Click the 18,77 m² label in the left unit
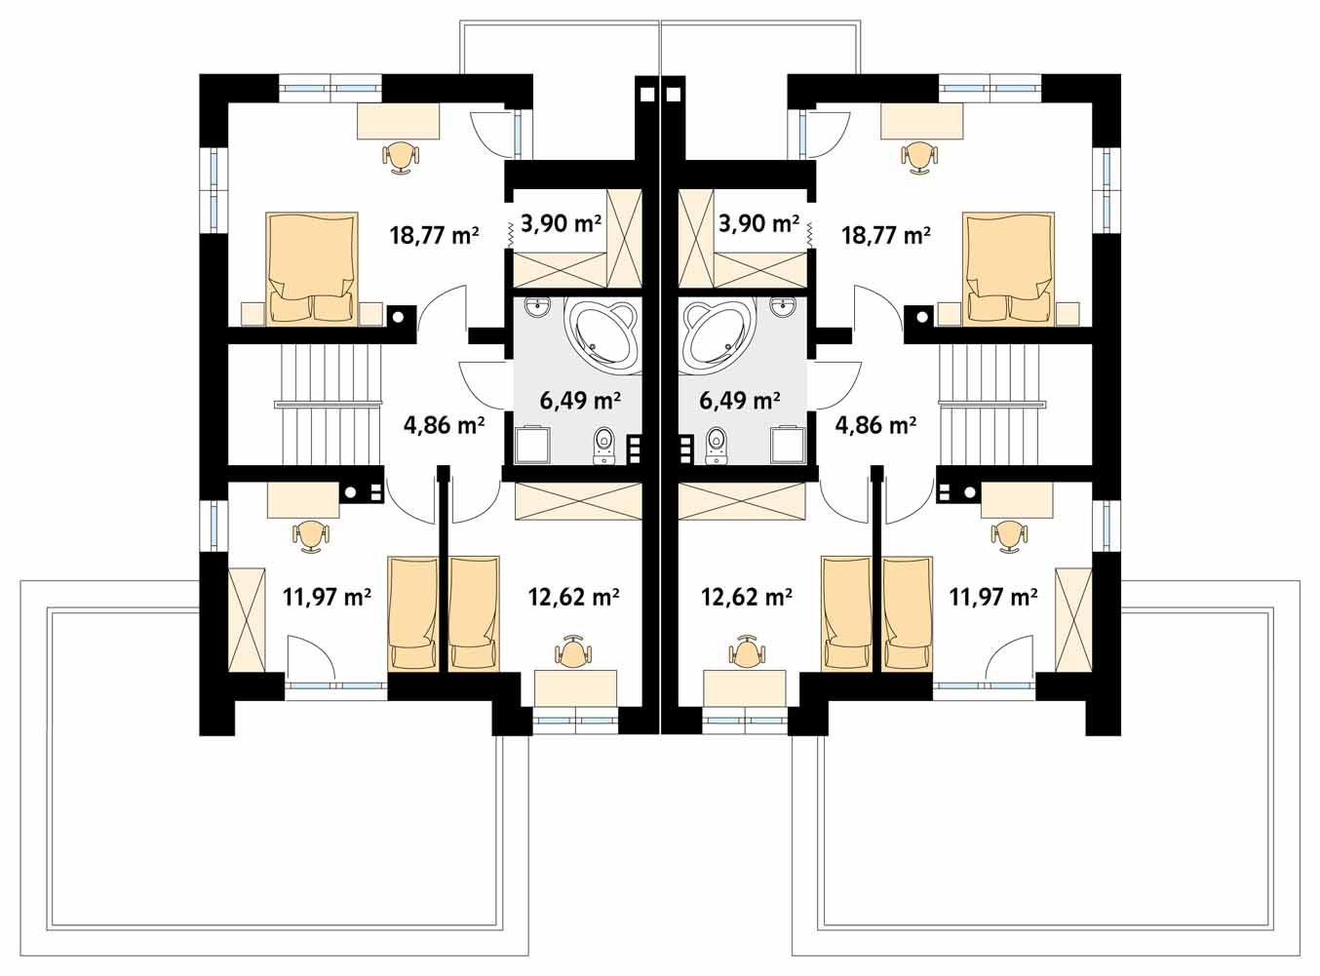pos(435,235)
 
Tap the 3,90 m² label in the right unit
pos(758,224)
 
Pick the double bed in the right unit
pos(1009,268)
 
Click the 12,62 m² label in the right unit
pos(747,596)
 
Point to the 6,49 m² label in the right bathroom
pos(740,400)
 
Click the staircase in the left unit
pos(328,405)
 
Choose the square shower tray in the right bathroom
pos(789,445)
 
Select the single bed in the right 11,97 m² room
pos(908,614)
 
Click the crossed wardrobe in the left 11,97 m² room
pos(247,620)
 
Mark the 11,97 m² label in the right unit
pos(992,596)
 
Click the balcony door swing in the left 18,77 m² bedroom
pos(491,136)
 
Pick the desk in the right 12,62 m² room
pos(745,688)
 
